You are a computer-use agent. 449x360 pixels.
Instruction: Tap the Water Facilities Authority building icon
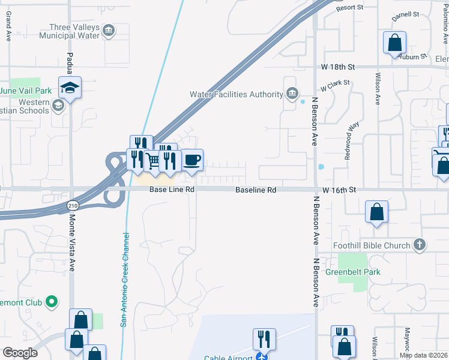[x=292, y=94]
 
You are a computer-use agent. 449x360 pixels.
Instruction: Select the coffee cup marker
[x=192, y=160]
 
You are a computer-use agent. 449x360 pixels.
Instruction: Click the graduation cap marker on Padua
[x=70, y=88]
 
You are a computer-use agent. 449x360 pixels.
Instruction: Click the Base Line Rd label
[x=172, y=190]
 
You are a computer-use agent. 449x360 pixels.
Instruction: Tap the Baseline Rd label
[x=256, y=190]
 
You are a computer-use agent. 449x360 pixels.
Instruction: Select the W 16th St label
[x=339, y=190]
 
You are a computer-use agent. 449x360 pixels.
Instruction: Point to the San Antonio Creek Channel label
[x=125, y=279]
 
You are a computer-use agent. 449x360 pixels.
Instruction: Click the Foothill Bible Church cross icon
[x=420, y=245]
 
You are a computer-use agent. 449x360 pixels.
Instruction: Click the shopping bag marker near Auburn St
[x=394, y=43]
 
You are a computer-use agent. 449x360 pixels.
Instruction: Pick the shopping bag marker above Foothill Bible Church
[x=376, y=212]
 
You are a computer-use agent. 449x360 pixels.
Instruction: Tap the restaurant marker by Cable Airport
[x=264, y=340]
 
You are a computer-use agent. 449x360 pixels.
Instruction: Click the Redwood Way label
[x=351, y=141]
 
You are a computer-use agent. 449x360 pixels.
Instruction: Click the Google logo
[x=20, y=353]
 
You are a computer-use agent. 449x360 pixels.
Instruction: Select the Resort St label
[x=350, y=8]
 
